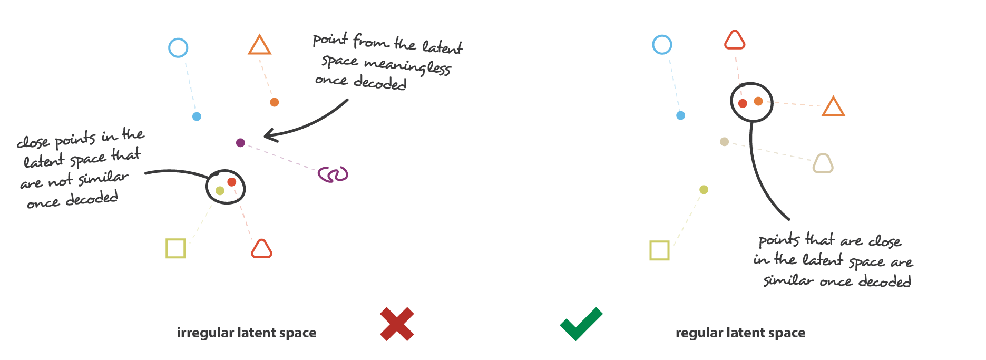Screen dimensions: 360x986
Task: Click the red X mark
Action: tap(397, 324)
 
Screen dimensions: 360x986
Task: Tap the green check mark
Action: tap(580, 324)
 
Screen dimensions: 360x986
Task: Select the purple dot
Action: tap(240, 142)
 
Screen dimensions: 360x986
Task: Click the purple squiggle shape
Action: tap(333, 174)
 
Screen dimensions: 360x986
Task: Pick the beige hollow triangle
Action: tap(823, 164)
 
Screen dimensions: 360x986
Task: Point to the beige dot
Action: tap(725, 141)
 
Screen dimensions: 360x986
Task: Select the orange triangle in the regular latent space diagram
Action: tap(833, 107)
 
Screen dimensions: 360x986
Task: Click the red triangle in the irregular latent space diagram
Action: tap(261, 249)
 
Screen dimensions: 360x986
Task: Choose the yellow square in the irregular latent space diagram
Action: tap(175, 248)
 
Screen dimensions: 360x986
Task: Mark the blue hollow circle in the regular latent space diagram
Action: tap(662, 45)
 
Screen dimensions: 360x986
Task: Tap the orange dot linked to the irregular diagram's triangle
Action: tap(274, 102)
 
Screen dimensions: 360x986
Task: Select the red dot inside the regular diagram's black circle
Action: tap(743, 103)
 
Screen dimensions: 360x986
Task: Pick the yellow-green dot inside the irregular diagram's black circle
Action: tap(220, 190)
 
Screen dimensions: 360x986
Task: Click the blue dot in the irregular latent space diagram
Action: tap(197, 116)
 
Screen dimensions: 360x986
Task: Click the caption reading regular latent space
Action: tap(740, 333)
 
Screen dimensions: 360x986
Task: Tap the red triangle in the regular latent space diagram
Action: tap(735, 41)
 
